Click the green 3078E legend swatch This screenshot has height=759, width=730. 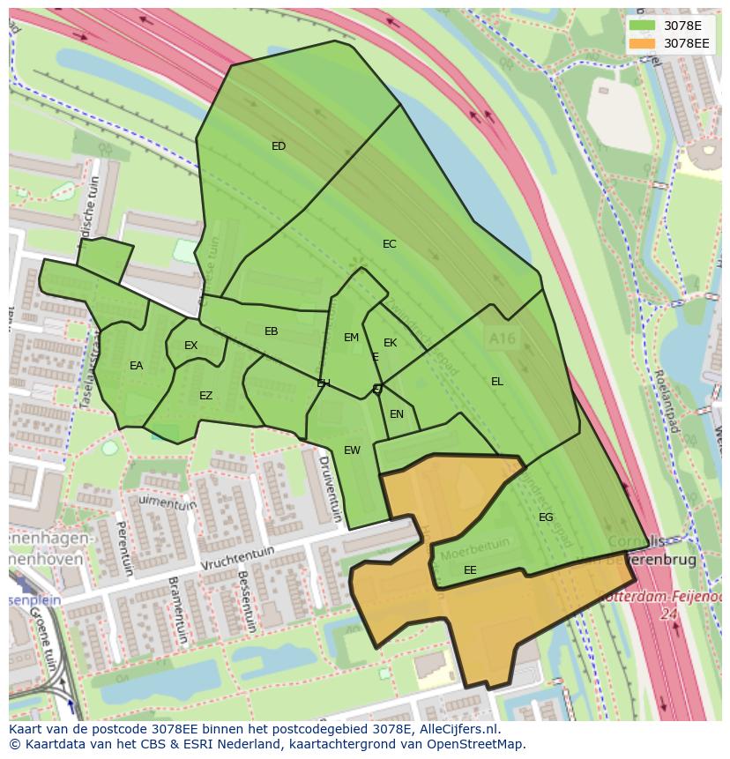coord(642,26)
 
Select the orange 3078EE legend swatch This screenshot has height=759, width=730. coord(642,43)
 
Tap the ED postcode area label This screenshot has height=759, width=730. coord(279,146)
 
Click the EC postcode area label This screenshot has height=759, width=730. coord(389,244)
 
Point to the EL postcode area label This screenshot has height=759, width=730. coord(497,382)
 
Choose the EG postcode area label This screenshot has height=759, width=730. coord(546,517)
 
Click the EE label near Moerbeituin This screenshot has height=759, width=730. coord(470,570)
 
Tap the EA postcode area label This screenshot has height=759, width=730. coord(136,366)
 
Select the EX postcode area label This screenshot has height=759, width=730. coord(190,346)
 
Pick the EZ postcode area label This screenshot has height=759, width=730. coord(205,396)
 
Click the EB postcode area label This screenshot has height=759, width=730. coord(271,331)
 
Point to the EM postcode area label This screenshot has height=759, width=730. coord(351,338)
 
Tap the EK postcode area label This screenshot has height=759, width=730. coord(390,343)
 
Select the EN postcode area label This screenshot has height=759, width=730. coord(397,414)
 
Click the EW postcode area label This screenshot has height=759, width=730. coord(352,450)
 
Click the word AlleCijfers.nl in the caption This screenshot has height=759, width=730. coord(458,730)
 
